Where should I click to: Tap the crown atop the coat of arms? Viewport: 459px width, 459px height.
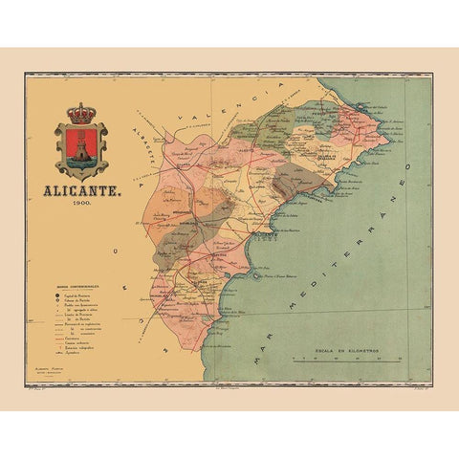(81, 113)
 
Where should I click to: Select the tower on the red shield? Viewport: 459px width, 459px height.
(81, 146)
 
